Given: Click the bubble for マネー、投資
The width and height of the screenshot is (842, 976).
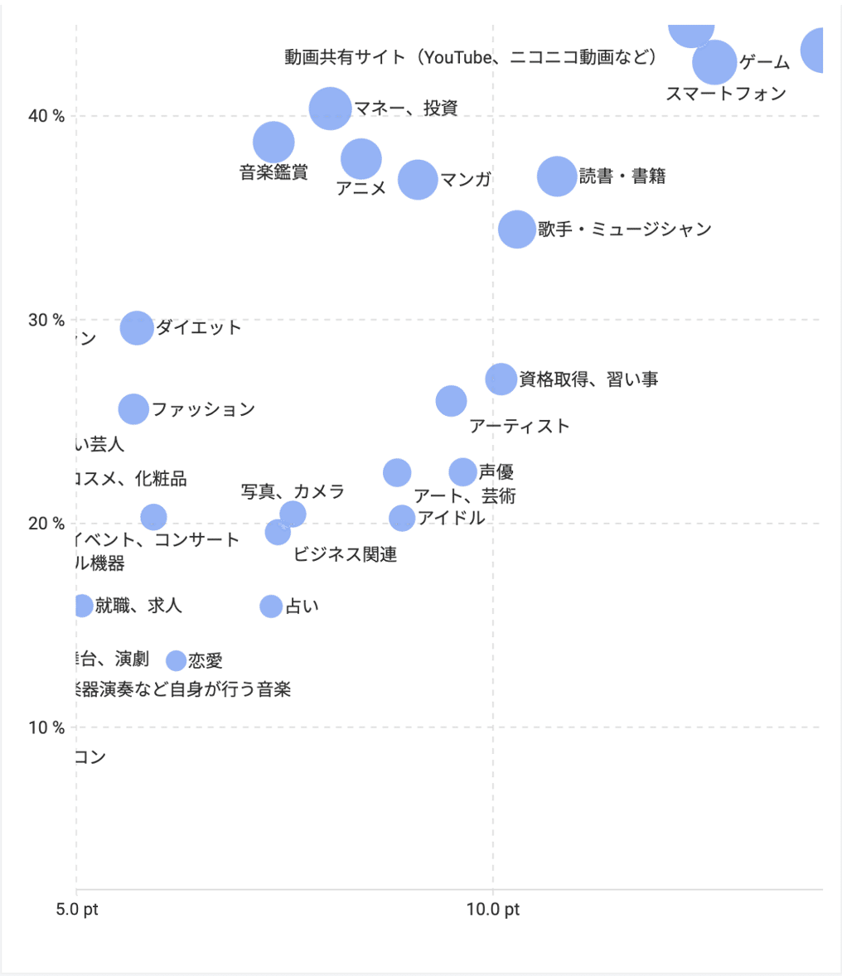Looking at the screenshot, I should (x=330, y=108).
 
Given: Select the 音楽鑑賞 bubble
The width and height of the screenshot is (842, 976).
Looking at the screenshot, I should (x=273, y=143).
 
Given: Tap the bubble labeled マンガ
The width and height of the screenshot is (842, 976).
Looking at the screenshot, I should (x=418, y=179).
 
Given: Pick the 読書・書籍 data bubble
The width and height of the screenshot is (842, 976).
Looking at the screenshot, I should (x=557, y=176).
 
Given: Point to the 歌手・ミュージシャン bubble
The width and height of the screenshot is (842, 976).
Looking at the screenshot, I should (x=517, y=230).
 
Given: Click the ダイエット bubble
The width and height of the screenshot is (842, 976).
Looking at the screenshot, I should (x=137, y=327).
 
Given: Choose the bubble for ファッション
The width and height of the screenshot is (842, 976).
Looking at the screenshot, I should (x=133, y=408).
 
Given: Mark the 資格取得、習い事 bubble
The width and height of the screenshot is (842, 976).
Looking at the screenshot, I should (x=501, y=379).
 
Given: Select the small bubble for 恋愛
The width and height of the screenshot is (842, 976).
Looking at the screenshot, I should (x=176, y=660).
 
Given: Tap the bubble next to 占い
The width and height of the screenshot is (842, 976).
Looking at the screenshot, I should (x=271, y=606).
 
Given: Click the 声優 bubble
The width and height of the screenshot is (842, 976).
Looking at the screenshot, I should (x=463, y=472).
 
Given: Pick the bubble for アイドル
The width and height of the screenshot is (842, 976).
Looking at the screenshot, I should (x=402, y=518).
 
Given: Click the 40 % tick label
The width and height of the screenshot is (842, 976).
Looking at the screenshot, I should (x=47, y=116).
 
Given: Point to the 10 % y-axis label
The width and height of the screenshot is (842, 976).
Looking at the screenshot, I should (x=47, y=727).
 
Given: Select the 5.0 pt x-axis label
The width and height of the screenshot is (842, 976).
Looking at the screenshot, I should (x=77, y=910).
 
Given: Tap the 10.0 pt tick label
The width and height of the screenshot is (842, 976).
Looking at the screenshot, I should (x=493, y=910).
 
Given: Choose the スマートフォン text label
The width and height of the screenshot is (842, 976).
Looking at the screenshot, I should (x=726, y=94).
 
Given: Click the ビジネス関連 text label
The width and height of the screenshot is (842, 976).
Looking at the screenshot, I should (x=345, y=554).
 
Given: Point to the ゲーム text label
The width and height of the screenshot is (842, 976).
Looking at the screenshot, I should (x=764, y=62).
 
